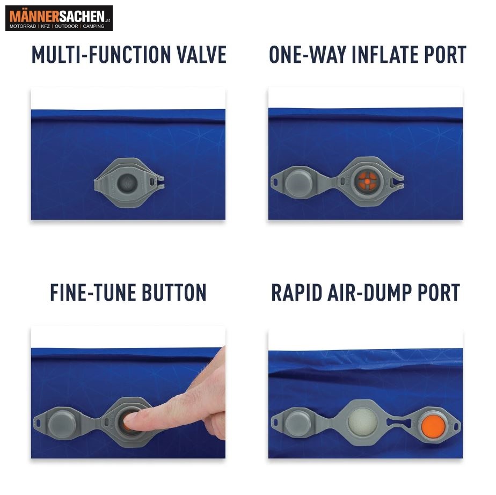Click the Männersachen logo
pyautogui.click(x=59, y=18)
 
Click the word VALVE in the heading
pyautogui.click(x=201, y=55)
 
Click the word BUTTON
pyautogui.click(x=174, y=293)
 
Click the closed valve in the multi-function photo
pyautogui.click(x=127, y=183)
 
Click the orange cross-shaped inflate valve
pyautogui.click(x=367, y=181)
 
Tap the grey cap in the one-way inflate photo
pyautogui.click(x=298, y=182)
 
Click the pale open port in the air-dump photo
pyautogui.click(x=362, y=422)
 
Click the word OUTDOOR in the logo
pyautogui.click(x=66, y=26)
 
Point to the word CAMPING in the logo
pyautogui.click(x=93, y=26)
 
